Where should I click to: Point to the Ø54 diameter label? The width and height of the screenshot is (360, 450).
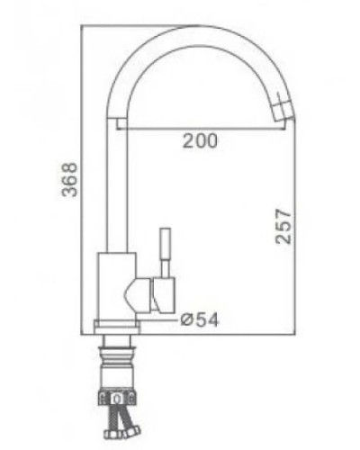coord(200,318)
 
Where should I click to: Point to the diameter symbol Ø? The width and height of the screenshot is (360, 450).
coord(185,318)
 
